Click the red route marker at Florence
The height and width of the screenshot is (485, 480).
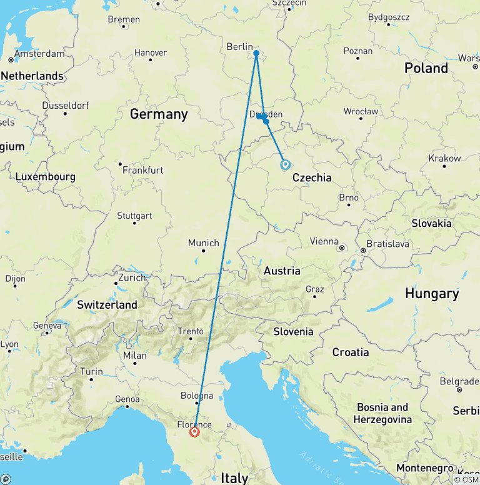[x=194, y=431]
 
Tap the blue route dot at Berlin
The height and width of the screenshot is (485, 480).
[x=256, y=53]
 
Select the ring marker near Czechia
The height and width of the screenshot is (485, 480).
[x=286, y=165]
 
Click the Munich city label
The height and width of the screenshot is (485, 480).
[x=204, y=243]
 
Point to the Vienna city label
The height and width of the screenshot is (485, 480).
[x=325, y=241]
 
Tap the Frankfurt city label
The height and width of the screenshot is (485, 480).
[x=142, y=170]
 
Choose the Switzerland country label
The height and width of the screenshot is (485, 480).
[x=107, y=305]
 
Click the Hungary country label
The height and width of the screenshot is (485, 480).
[x=432, y=293]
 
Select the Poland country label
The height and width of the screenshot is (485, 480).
[x=426, y=68]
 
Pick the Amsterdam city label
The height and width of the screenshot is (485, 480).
[x=39, y=54]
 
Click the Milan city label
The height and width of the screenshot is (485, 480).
[x=135, y=356]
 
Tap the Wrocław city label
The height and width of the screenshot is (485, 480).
[x=361, y=111]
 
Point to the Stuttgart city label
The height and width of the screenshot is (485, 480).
[x=134, y=216]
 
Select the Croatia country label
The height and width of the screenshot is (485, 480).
[x=351, y=352]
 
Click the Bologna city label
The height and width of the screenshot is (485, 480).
[x=197, y=396]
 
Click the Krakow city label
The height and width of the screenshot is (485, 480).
[x=444, y=159]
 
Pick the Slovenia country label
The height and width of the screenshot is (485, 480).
[x=293, y=331]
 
